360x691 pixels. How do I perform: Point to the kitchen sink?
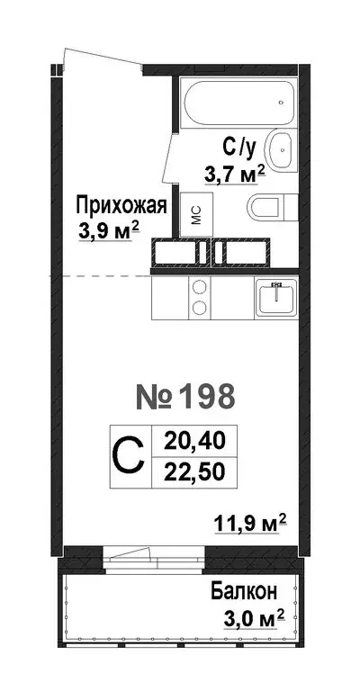(x=276, y=296)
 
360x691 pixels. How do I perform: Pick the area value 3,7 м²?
(x=232, y=173)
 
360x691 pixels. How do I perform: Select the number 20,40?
(x=189, y=441)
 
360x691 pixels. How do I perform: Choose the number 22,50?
(x=189, y=471)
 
